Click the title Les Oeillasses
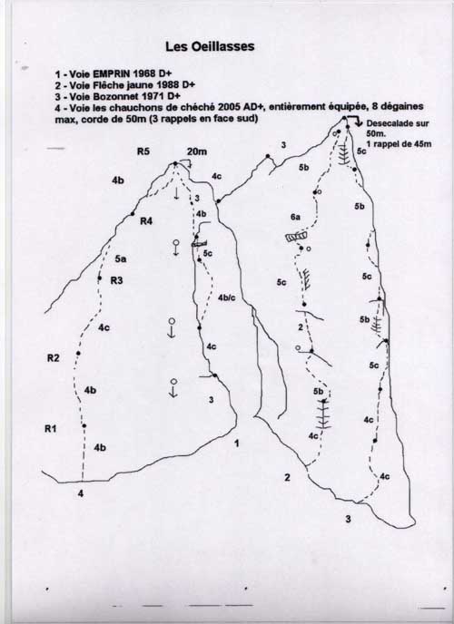coord(210,46)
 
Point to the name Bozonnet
coord(113,96)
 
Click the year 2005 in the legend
coord(230,107)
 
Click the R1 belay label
coord(50,429)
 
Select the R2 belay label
coord(53,358)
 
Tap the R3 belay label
coord(116,280)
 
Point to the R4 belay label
coord(146,221)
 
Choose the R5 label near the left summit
coord(143,151)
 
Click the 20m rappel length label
coord(197,151)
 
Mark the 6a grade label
coord(295,217)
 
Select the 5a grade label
coord(121,259)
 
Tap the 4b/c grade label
coord(227,297)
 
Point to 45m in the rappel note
coord(422,144)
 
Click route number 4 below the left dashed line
coord(81,494)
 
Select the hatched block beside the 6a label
coord(296,237)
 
